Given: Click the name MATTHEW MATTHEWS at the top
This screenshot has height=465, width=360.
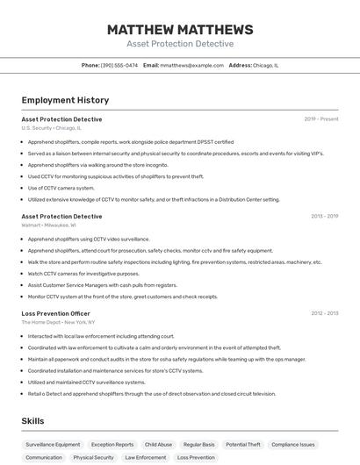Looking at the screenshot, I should click(x=180, y=30).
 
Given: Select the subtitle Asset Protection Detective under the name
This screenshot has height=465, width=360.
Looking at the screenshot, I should click(x=180, y=44).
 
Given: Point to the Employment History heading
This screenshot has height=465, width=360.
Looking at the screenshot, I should click(x=65, y=100).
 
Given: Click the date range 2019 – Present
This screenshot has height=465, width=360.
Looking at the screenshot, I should click(x=321, y=119).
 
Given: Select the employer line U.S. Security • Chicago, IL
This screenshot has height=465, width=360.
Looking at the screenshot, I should click(x=51, y=128).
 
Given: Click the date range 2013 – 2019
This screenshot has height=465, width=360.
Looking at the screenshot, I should click(x=324, y=216).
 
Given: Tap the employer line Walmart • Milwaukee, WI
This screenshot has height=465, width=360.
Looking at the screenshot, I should click(x=48, y=225).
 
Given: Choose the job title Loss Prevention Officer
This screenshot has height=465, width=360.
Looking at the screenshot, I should click(x=55, y=313).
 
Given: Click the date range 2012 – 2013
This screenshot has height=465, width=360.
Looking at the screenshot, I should click(x=324, y=313).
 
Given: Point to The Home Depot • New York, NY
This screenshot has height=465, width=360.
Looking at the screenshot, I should click(x=58, y=323).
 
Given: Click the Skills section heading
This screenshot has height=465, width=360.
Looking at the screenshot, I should click(x=32, y=421).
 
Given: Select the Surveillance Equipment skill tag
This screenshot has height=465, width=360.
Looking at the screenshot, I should click(x=53, y=445).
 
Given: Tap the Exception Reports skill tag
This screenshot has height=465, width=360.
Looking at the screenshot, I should click(x=112, y=445).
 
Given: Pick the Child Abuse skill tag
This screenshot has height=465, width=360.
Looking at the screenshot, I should click(x=159, y=445).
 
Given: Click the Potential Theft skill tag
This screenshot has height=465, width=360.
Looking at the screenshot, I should click(x=243, y=445).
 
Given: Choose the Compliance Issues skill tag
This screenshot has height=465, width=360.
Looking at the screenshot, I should click(x=294, y=445).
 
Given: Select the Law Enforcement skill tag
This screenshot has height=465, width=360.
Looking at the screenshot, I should click(x=146, y=457).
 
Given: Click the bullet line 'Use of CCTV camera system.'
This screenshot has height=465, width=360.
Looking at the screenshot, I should click(x=61, y=188).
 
